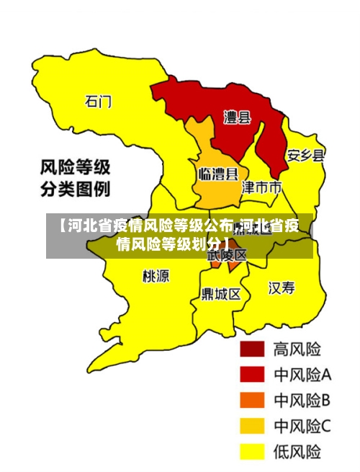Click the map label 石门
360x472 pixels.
[99, 102]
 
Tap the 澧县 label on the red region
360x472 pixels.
[235, 117]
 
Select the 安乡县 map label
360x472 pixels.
[305, 155]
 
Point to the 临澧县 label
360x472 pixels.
[218, 174]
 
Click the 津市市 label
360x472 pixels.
[261, 188]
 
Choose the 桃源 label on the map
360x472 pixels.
[156, 276]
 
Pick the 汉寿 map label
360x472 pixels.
[282, 288]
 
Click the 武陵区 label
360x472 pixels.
[227, 255]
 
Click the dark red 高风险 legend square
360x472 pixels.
[252, 349]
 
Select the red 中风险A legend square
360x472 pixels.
[252, 375]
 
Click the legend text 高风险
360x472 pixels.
[297, 349]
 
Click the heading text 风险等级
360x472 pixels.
[74, 169]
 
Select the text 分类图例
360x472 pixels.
[74, 191]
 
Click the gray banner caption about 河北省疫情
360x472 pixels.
[179, 233]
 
